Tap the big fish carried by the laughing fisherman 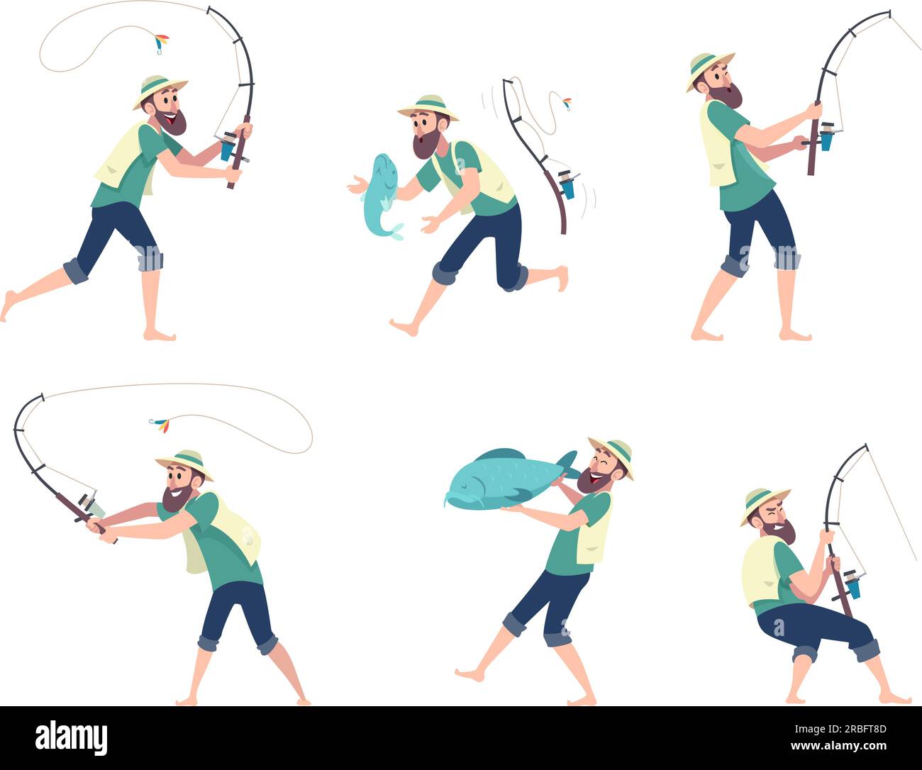(496, 476)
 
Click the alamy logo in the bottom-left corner (71, 737)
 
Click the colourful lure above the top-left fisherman (162, 43)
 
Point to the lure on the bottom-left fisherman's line (160, 425)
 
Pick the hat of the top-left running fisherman (159, 90)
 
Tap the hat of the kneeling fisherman (428, 107)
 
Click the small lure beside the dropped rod (567, 104)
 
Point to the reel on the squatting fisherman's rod (852, 585)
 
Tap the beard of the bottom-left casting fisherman (175, 498)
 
